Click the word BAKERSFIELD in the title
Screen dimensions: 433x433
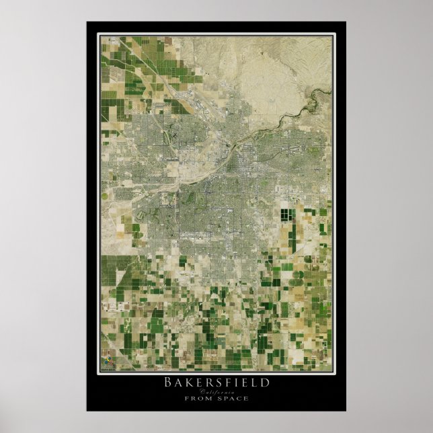tap(216, 382)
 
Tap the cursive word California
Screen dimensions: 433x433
tap(216, 391)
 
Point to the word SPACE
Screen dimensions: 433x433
tap(232, 398)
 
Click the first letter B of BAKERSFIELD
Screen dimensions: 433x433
tap(168, 382)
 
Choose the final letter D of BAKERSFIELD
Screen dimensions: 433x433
tap(265, 382)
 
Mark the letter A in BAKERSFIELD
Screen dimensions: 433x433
tap(178, 382)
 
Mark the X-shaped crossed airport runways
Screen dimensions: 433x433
tap(173, 135)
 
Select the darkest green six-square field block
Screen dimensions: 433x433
tap(287, 219)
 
